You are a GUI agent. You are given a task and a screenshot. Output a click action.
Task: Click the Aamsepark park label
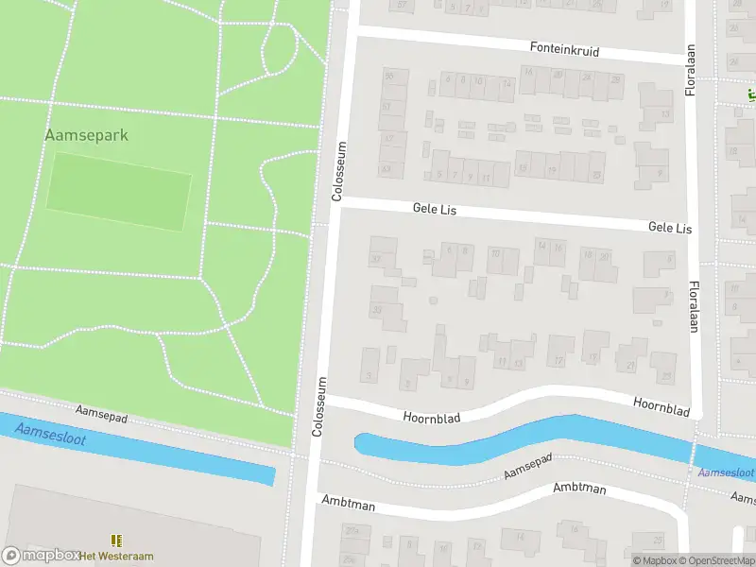[86, 135]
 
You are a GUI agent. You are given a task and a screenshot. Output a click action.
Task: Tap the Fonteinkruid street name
[564, 49]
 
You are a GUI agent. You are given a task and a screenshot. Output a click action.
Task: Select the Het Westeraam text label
[117, 555]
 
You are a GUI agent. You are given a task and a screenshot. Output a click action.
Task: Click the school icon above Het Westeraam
[117, 541]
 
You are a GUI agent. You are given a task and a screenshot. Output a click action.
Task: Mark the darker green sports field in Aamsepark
[119, 191]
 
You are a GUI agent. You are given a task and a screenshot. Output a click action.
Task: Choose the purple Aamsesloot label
[725, 472]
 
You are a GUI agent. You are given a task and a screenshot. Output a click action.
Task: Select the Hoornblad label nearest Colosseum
[430, 416]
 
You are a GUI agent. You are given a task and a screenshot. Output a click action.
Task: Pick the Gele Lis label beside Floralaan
[669, 229]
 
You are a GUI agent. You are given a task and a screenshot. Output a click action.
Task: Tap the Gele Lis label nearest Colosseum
[435, 209]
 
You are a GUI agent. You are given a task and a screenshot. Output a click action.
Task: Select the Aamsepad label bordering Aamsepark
[102, 413]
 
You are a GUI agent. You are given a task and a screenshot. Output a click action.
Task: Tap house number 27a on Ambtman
[352, 532]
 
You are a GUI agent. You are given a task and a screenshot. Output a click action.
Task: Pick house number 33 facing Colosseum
[376, 310]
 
